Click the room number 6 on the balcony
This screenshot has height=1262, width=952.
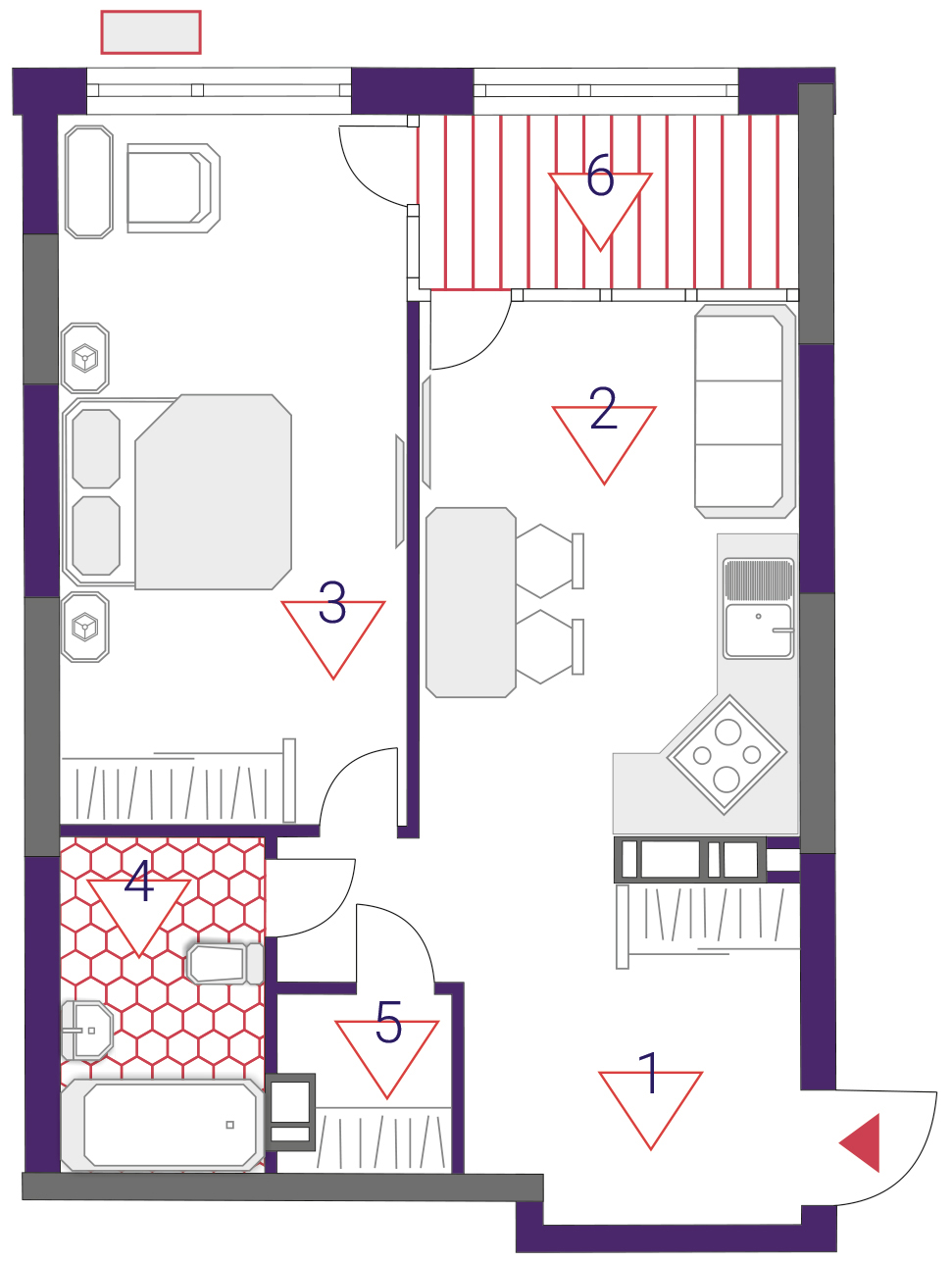pos(600,175)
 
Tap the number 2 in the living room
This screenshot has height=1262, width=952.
pos(603,408)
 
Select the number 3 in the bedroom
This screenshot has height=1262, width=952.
pos(332,602)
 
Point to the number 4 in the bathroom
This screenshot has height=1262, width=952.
pos(139,881)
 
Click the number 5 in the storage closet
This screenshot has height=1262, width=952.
pos(388,1022)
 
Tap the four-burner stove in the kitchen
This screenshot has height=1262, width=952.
pos(727,755)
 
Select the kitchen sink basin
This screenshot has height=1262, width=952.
pos(758,630)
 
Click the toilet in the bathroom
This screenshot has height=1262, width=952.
pos(225,964)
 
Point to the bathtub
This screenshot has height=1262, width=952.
pos(164,1125)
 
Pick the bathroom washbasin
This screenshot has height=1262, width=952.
pos(86,1031)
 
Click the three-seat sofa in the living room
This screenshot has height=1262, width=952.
pos(745,411)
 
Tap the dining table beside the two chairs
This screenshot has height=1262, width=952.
pos(471,602)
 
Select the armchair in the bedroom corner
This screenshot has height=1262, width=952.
pos(173,188)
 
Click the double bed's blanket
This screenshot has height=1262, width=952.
pos(214,491)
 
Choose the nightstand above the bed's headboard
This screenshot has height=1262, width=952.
pos(85,358)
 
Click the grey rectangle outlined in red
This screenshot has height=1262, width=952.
pos(151,32)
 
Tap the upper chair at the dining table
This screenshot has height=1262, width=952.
pos(550,561)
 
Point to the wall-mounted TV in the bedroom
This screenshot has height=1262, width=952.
pos(400,491)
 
